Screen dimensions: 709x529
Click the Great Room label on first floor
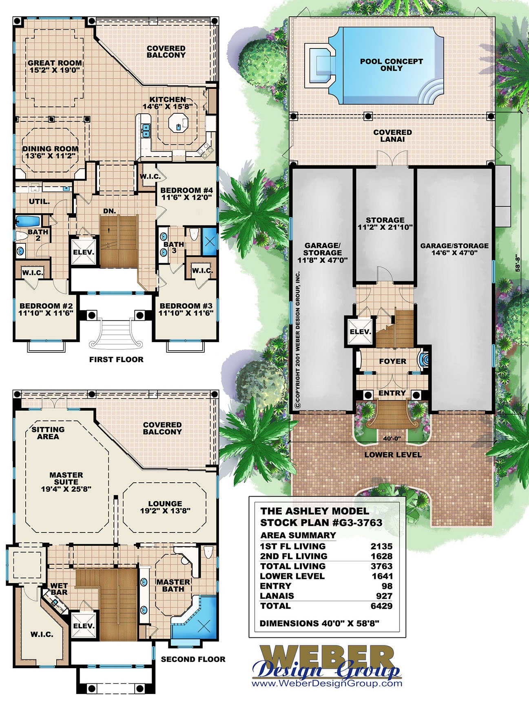(x=54, y=66)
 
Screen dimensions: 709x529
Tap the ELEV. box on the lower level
(x=360, y=331)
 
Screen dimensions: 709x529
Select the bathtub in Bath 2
(x=28, y=221)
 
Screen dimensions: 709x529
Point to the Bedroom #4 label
(x=186, y=194)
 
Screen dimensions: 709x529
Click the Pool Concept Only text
(x=391, y=65)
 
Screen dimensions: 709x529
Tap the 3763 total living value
(x=381, y=566)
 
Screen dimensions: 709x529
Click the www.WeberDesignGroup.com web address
(x=327, y=684)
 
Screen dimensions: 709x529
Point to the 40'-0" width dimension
(x=392, y=439)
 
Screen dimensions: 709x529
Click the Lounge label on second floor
(x=165, y=507)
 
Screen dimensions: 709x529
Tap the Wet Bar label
(x=59, y=589)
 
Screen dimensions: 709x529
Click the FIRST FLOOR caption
(x=116, y=359)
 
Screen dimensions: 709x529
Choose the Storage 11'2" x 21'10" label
(x=385, y=223)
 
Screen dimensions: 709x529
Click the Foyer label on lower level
(x=392, y=361)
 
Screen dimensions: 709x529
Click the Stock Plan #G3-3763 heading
(x=321, y=523)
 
